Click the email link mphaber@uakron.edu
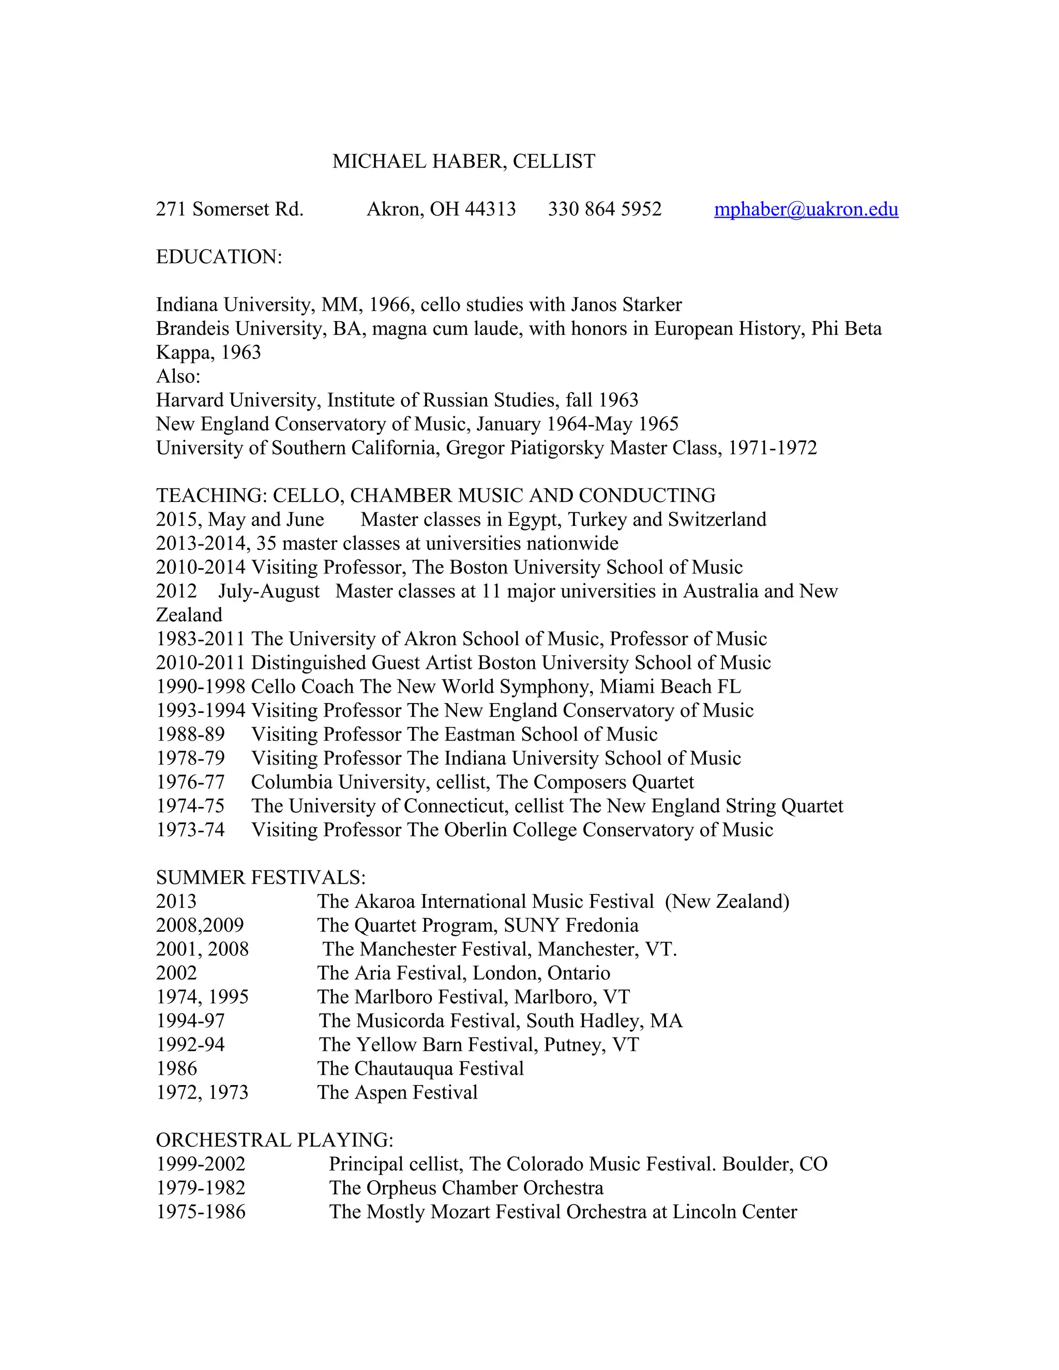point(806,209)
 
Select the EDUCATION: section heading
point(219,257)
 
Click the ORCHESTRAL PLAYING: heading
point(274,1140)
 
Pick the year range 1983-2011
point(200,639)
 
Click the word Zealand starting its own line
point(189,615)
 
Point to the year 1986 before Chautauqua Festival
point(176,1068)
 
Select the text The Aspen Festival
point(397,1092)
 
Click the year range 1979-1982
point(201,1188)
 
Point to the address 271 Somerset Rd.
point(230,209)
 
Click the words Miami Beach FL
point(670,687)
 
